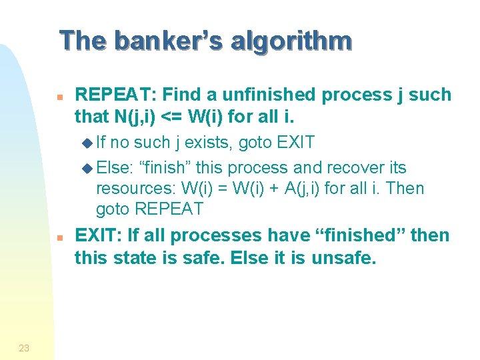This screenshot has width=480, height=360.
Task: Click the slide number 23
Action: click(x=24, y=347)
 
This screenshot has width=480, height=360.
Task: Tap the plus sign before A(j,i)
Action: click(x=273, y=189)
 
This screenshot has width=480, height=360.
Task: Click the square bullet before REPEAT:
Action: click(x=59, y=96)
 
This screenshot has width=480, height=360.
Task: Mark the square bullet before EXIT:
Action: click(x=59, y=237)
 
